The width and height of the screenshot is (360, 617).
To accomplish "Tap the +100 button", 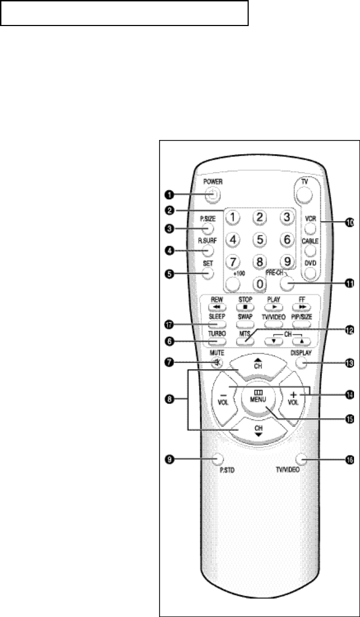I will point(233,283).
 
